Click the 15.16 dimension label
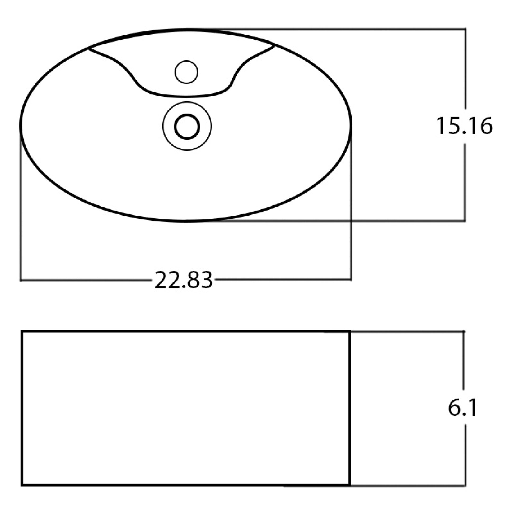(464, 126)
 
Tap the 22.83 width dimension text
(184, 280)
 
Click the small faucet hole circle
(186, 72)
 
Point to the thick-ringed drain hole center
(187, 126)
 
